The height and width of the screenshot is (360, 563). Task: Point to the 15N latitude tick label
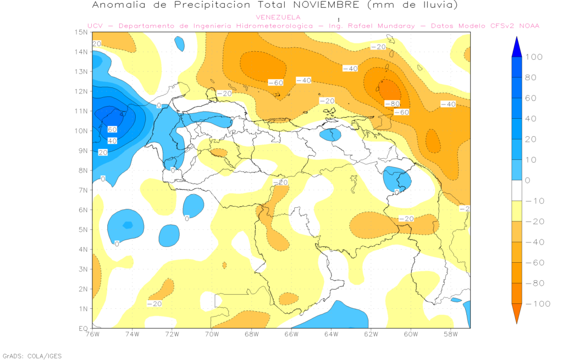click(82, 32)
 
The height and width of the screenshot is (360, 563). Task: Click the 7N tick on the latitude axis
click(84, 190)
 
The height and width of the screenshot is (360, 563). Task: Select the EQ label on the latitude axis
click(84, 328)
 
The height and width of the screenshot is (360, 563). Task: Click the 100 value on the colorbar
click(534, 57)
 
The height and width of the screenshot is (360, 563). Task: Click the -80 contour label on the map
click(392, 103)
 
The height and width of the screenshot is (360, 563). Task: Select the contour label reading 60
click(112, 130)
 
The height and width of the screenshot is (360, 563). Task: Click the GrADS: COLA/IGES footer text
click(32, 356)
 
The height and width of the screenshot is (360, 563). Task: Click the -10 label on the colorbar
click(536, 201)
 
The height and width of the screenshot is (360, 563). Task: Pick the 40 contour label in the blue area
click(112, 141)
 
